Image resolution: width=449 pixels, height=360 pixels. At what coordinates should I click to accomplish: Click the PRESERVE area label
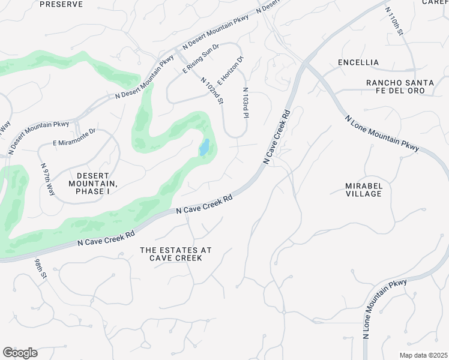coord(60,4)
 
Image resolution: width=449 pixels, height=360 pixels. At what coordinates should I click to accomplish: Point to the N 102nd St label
coord(212,91)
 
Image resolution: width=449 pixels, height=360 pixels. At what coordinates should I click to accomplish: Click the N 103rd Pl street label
coord(246,103)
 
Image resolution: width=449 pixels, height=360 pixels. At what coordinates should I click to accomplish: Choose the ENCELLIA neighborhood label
coord(358,62)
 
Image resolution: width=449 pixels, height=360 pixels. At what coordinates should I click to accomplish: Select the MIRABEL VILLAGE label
coord(364,190)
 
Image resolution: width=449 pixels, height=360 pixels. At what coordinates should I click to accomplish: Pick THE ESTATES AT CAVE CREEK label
coord(176,253)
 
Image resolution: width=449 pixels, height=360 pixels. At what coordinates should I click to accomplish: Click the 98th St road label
coord(40,273)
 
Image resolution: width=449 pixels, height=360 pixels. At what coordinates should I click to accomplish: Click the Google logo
coord(20,353)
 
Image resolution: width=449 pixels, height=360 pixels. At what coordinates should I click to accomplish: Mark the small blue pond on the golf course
coord(205,147)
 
